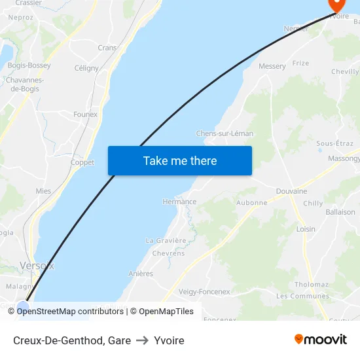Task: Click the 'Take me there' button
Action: tap(180, 160)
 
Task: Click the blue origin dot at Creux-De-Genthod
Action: tap(24, 306)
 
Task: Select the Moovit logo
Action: tap(320, 340)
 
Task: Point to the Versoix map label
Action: tap(37, 266)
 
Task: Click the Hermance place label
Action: tap(179, 202)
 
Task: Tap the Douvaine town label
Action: tap(291, 191)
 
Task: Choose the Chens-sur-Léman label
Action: tap(225, 134)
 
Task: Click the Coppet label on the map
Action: tap(82, 162)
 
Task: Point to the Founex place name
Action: tap(85, 114)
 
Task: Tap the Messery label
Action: tap(272, 66)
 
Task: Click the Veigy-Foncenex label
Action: tap(204, 292)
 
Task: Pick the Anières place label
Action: tap(141, 274)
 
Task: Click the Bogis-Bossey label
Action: tap(30, 65)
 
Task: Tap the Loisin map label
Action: tap(306, 229)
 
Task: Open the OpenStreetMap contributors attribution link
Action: tap(70, 312)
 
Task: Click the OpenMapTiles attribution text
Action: tap(166, 312)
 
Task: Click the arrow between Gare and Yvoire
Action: tap(142, 340)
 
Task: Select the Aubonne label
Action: tap(251, 203)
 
